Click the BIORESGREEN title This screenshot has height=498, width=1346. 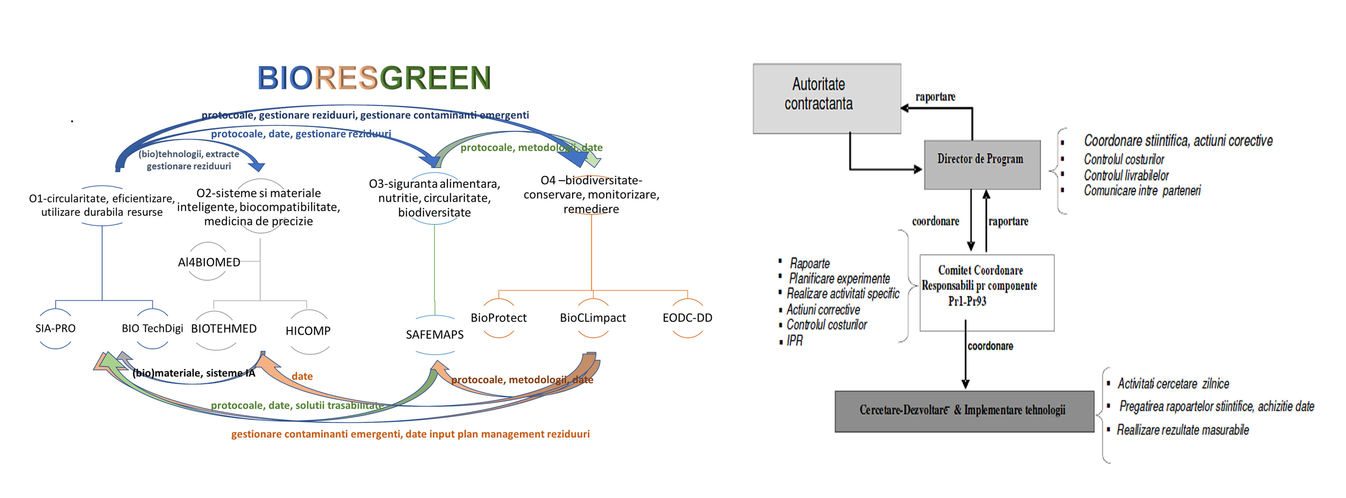pos(374,78)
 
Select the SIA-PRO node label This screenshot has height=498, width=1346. pos(55,328)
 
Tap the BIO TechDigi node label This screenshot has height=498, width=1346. pos(152,328)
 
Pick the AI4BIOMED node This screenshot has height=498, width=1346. pos(209,262)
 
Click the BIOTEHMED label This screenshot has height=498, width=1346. pos(224,328)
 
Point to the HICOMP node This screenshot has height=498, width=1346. pos(308,331)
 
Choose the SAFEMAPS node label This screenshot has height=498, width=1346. pos(435,334)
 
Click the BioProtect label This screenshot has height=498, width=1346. pos(498,318)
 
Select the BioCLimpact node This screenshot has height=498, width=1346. pos(592,318)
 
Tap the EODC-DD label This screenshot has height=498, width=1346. pos(687,318)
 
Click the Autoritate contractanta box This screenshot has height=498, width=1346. pos(827,99)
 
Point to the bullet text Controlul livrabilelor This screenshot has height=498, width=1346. pos(1126,175)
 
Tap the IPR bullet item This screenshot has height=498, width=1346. pos(795,341)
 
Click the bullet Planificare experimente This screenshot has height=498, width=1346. pos(839,279)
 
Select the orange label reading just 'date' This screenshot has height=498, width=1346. pos(302,376)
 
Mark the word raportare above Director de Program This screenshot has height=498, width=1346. pos(935,97)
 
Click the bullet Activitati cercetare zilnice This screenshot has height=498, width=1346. pos(1173,384)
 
